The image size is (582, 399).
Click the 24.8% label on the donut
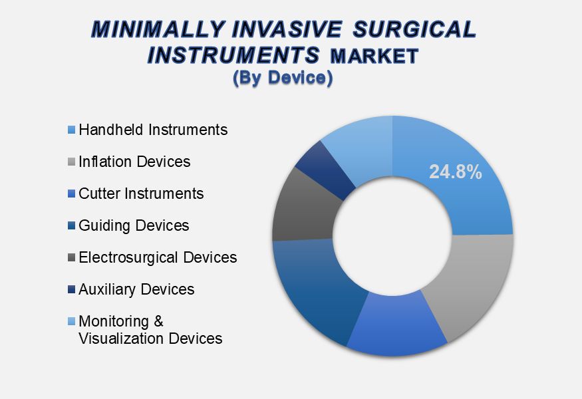[456, 172]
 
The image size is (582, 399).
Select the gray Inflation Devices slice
[473, 282]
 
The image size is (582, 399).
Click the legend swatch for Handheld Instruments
[72, 130]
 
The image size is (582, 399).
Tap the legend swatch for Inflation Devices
[72, 162]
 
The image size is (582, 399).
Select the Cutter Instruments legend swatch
[72, 194]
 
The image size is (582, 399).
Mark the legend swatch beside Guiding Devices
[72, 225]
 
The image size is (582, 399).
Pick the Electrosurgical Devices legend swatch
[72, 257]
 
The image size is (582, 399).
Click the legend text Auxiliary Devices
[136, 290]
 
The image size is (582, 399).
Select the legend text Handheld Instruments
[153, 130]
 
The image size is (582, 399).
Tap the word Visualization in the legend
[121, 338]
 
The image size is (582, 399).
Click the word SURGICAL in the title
[414, 29]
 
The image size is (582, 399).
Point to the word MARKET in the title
[374, 57]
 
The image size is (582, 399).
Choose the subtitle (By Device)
[283, 78]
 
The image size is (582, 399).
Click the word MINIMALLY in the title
[158, 29]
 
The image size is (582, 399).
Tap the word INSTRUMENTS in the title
[233, 55]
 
